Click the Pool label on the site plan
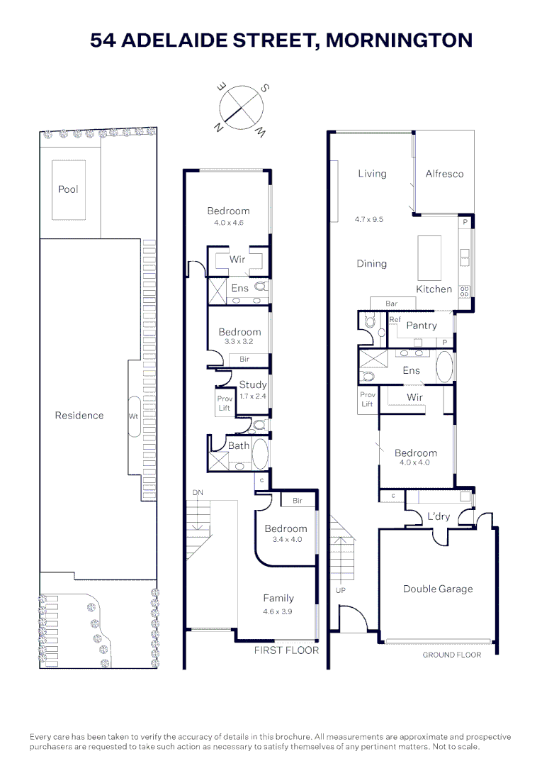68,189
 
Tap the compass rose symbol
241,108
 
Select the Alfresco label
444,174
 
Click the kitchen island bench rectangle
429,258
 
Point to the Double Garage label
438,589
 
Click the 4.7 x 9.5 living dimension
369,219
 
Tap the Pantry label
422,326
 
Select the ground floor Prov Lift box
368,400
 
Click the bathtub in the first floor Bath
259,453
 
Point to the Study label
253,384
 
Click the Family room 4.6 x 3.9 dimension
277,611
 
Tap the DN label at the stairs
198,492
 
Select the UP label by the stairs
341,590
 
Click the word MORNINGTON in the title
399,40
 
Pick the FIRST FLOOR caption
286,650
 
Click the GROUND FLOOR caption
452,655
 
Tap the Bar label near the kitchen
391,304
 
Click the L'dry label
439,516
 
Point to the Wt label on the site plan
133,416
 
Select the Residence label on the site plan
79,415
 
